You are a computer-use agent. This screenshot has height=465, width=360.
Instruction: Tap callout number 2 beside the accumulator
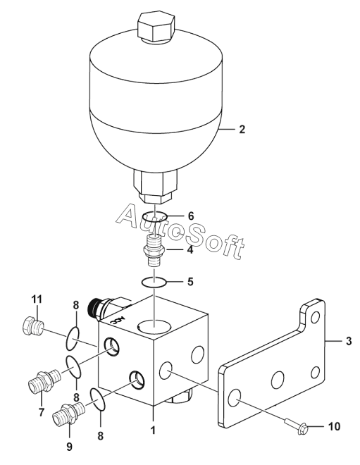click(242, 130)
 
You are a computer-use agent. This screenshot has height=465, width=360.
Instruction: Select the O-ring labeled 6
click(154, 216)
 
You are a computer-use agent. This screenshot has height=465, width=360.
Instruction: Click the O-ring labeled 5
click(154, 282)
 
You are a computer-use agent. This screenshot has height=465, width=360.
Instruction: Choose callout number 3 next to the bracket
click(349, 341)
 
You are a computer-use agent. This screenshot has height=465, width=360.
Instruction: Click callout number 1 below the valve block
click(153, 430)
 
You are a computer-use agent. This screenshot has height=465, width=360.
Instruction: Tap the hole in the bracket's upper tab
click(316, 318)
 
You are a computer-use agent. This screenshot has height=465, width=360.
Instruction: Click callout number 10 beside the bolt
click(334, 426)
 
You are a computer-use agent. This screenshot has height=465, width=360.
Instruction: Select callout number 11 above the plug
click(37, 299)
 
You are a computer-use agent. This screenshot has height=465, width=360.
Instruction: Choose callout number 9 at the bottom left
click(69, 447)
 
